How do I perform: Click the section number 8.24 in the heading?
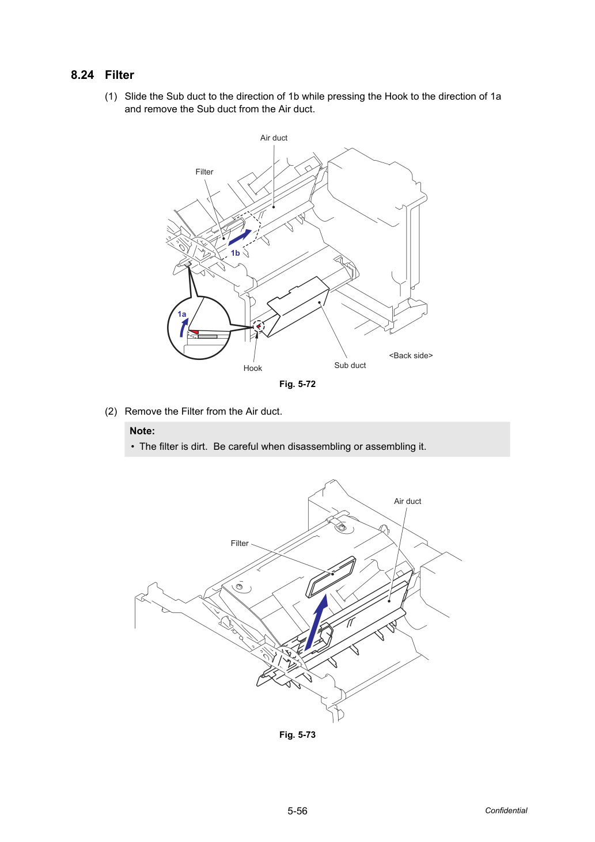click(x=82, y=75)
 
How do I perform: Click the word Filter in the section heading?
click(x=120, y=75)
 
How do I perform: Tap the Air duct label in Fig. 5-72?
click(x=274, y=138)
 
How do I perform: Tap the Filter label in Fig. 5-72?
click(x=204, y=172)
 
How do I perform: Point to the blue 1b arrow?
click(x=240, y=237)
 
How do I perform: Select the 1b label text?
click(x=236, y=253)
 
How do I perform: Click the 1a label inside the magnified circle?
click(x=182, y=314)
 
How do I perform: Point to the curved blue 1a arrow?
click(x=183, y=328)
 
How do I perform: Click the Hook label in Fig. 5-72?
click(x=253, y=368)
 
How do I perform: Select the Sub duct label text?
click(x=350, y=365)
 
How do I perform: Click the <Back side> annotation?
click(x=411, y=355)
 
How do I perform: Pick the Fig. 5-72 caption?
click(x=297, y=384)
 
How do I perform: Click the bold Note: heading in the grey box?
click(x=142, y=431)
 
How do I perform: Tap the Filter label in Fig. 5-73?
click(x=240, y=543)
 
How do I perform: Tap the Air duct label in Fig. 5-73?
click(x=407, y=501)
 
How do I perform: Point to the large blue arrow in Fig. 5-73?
click(x=316, y=622)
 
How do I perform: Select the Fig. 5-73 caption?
click(x=297, y=734)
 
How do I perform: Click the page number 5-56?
click(x=297, y=811)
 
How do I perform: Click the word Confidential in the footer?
click(x=506, y=810)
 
